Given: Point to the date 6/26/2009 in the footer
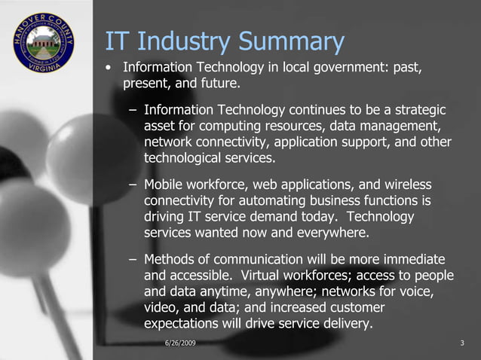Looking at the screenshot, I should [179, 344].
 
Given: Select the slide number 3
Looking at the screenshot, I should [461, 344].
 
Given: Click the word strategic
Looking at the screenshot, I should [417, 109].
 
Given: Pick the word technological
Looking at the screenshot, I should [182, 158].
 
